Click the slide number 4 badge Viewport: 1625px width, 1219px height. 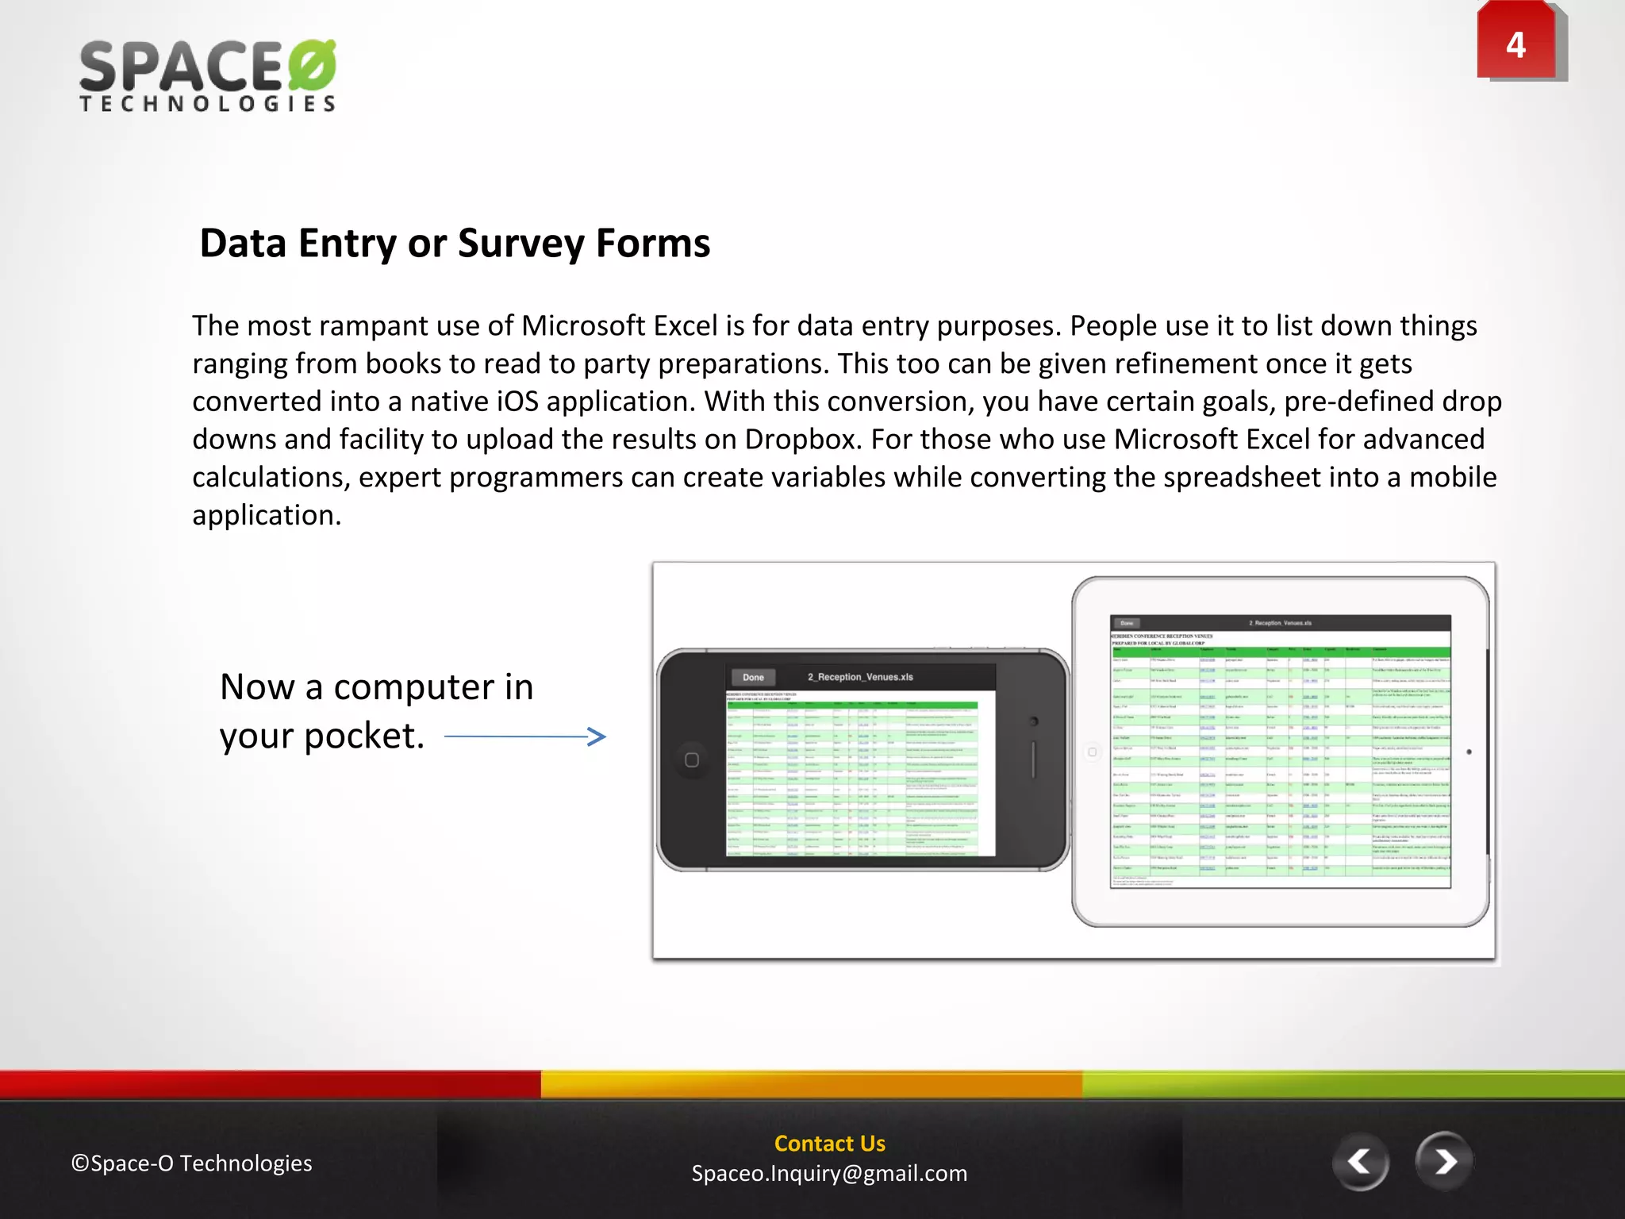click(x=1516, y=44)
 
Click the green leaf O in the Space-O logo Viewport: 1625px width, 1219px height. click(x=312, y=65)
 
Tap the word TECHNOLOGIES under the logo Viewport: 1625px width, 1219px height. click(x=208, y=104)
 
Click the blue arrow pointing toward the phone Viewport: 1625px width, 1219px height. click(x=525, y=736)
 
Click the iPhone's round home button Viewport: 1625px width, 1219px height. click(x=692, y=760)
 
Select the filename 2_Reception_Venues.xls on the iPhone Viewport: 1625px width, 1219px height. click(x=860, y=677)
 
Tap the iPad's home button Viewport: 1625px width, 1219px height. click(x=1093, y=752)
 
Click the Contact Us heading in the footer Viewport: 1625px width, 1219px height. click(x=829, y=1144)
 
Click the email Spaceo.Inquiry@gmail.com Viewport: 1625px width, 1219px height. click(x=829, y=1174)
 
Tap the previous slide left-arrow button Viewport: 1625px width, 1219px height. click(x=1360, y=1163)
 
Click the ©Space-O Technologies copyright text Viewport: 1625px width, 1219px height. click(x=192, y=1163)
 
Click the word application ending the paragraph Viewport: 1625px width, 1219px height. click(x=267, y=516)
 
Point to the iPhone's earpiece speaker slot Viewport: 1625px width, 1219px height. click(x=1033, y=759)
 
